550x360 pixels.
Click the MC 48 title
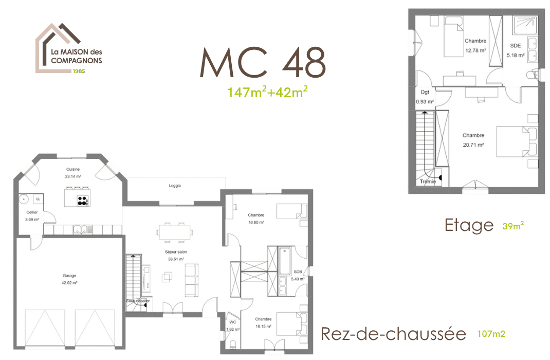click(263, 63)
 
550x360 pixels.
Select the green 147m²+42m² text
click(268, 92)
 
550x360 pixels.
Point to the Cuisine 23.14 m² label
click(73, 172)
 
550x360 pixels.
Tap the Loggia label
click(175, 186)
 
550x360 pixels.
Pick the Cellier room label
click(32, 215)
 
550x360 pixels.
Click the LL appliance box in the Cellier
click(39, 199)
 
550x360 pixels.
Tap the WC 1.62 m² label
click(233, 325)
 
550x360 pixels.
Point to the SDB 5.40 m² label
click(298, 275)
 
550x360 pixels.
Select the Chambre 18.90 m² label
click(255, 219)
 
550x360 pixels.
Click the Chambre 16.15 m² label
click(263, 322)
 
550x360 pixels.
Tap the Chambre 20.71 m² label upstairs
click(473, 140)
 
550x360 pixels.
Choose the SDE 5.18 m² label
click(515, 50)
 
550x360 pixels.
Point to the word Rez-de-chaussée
click(393, 334)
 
